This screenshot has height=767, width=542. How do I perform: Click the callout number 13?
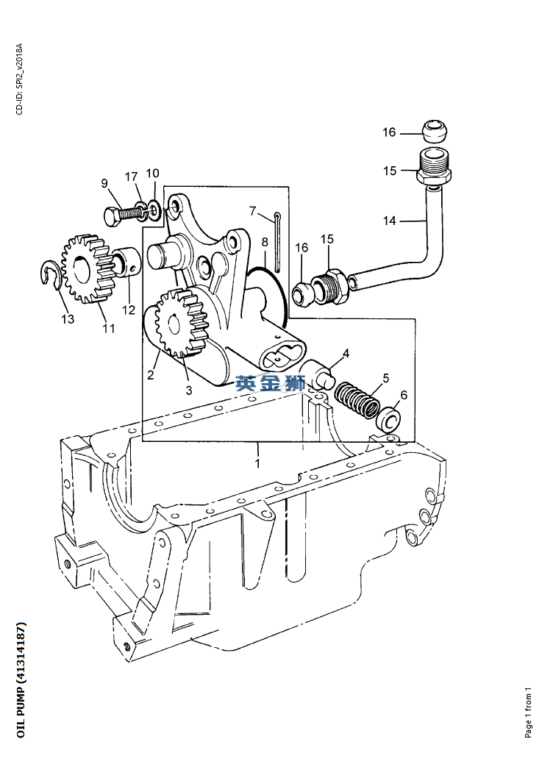68,319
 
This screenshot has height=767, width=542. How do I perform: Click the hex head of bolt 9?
112,216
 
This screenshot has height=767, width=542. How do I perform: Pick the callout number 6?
404,395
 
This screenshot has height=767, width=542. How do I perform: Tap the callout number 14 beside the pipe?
389,221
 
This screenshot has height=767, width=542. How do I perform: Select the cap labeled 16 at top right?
435,131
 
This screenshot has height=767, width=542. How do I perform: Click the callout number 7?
253,211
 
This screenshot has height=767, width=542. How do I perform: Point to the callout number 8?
265,242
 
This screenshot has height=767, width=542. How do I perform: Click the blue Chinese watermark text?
271,383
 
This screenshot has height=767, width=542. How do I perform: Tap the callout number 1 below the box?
257,463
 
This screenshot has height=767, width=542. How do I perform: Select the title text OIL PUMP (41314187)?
21,680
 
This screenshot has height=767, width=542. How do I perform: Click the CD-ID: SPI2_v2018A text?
19,79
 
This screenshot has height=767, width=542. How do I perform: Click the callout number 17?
131,176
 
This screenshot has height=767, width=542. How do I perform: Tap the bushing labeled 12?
128,263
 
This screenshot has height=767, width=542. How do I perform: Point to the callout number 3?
189,390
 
